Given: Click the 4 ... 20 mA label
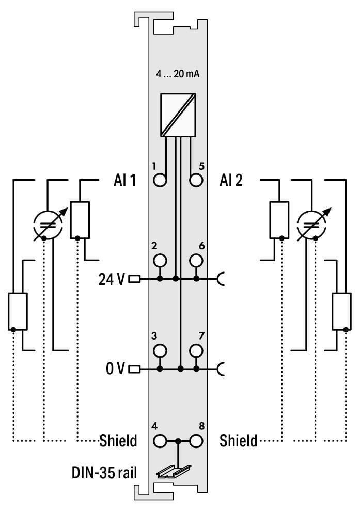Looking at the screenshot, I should pyautogui.click(x=178, y=74).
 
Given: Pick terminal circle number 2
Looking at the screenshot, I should pyautogui.click(x=160, y=260).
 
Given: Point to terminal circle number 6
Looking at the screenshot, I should pyautogui.click(x=196, y=260).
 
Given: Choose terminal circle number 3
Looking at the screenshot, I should pyautogui.click(x=160, y=350).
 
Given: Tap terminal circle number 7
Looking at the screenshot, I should pyautogui.click(x=196, y=350).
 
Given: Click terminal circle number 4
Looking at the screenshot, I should pyautogui.click(x=160, y=441).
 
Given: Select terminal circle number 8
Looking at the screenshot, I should pyautogui.click(x=196, y=441).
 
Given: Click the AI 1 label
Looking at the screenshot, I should pyautogui.click(x=124, y=181).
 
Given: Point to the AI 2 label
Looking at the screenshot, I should pyautogui.click(x=231, y=181).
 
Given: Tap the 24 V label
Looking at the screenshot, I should pyautogui.click(x=111, y=279).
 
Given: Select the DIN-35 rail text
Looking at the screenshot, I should pyautogui.click(x=104, y=472).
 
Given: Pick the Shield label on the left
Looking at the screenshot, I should pyautogui.click(x=118, y=441).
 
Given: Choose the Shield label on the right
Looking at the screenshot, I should pyautogui.click(x=238, y=441).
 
